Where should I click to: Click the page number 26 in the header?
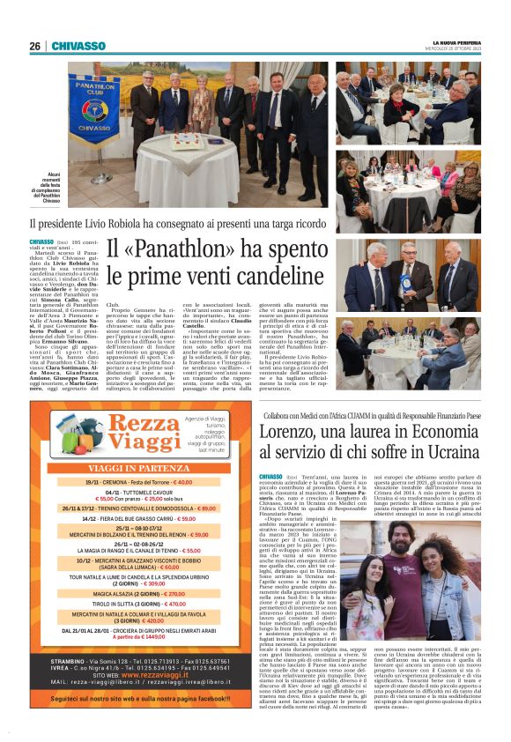click(x=35, y=47)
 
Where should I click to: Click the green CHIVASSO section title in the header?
click(x=78, y=47)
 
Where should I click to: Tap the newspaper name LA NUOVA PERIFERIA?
click(x=456, y=43)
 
